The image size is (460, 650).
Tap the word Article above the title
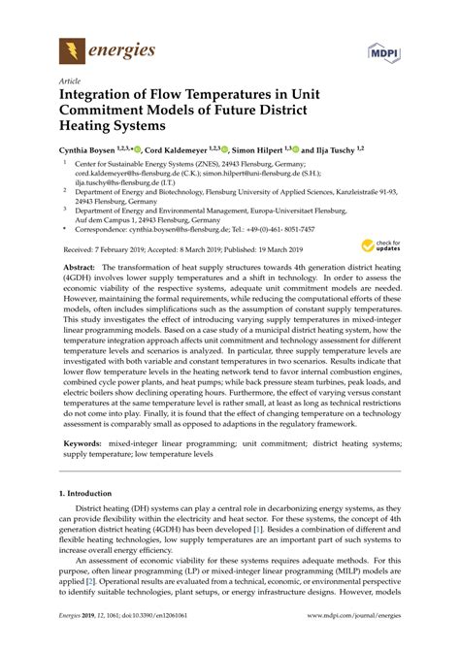point(70,82)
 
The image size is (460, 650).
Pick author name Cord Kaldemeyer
point(181,151)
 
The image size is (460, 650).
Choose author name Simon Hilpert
point(263,151)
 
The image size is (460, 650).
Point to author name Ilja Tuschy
point(331,151)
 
